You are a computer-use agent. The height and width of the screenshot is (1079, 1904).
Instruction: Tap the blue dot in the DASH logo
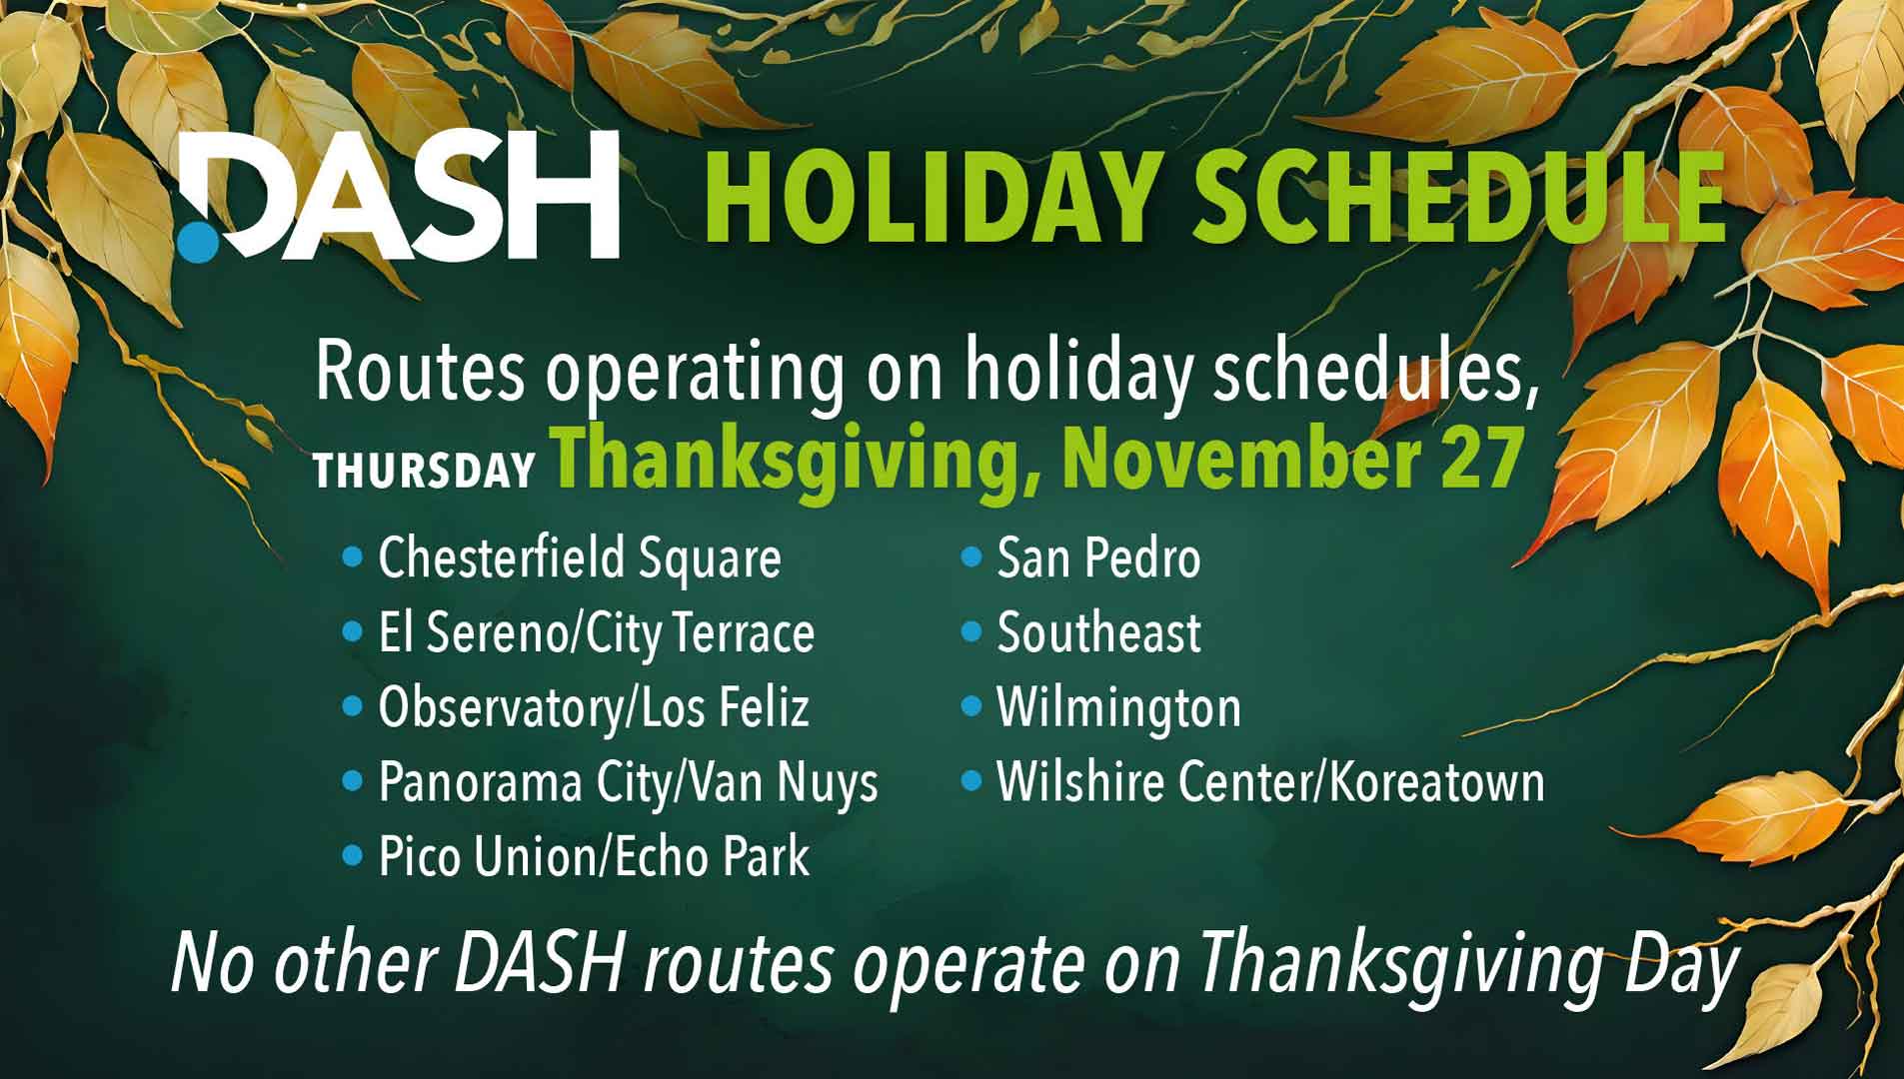click(x=198, y=243)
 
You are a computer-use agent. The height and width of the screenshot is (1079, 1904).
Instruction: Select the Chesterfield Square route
click(x=579, y=557)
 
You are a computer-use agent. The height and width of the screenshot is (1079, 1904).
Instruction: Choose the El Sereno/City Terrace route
click(x=596, y=633)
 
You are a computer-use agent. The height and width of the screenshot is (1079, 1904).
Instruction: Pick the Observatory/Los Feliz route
click(x=593, y=708)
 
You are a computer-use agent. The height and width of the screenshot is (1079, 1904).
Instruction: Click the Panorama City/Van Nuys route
click(x=628, y=782)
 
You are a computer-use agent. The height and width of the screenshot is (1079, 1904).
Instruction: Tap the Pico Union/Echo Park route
click(x=593, y=857)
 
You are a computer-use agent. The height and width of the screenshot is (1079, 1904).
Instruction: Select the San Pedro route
click(x=1097, y=557)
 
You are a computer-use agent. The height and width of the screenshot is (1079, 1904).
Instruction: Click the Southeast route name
click(x=1098, y=633)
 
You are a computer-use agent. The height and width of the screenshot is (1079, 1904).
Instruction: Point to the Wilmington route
click(x=1118, y=708)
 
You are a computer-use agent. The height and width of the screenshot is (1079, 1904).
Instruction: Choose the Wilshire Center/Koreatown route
click(x=1269, y=782)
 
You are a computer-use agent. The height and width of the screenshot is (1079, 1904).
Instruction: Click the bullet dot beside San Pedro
click(x=970, y=556)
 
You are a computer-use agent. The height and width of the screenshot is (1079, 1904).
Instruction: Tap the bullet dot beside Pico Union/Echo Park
click(x=352, y=855)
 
